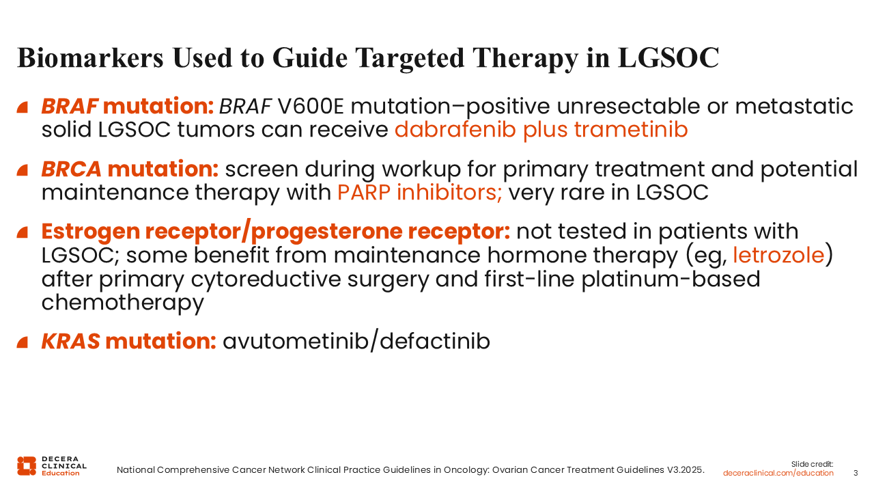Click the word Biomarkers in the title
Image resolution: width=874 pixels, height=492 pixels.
[90, 58]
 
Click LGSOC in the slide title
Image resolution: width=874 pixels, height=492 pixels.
[668, 58]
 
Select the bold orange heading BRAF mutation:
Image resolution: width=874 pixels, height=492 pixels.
[128, 106]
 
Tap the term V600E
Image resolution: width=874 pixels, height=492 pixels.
[311, 106]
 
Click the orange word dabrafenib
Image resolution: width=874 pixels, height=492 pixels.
[455, 129]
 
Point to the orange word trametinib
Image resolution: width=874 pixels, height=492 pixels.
[631, 129]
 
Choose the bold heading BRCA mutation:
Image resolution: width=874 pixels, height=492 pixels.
[130, 169]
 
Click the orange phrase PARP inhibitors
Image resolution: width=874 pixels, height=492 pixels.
[419, 193]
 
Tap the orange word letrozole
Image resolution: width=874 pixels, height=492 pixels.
[778, 255]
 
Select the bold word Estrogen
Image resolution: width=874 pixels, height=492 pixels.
[91, 232]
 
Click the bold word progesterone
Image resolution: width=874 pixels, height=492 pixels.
[326, 232]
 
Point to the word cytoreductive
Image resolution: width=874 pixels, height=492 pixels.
[266, 279]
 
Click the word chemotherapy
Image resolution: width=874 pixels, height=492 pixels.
[122, 303]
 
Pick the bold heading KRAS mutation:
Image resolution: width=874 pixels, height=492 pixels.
[129, 341]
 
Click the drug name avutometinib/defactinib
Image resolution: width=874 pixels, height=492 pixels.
[356, 341]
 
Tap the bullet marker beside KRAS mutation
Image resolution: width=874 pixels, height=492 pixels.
[23, 342]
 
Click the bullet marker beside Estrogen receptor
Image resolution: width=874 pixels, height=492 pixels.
[23, 232]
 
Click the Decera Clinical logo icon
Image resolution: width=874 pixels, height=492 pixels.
[27, 466]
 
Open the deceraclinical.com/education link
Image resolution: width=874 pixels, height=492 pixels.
[778, 473]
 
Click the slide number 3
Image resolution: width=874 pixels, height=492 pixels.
[856, 473]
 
